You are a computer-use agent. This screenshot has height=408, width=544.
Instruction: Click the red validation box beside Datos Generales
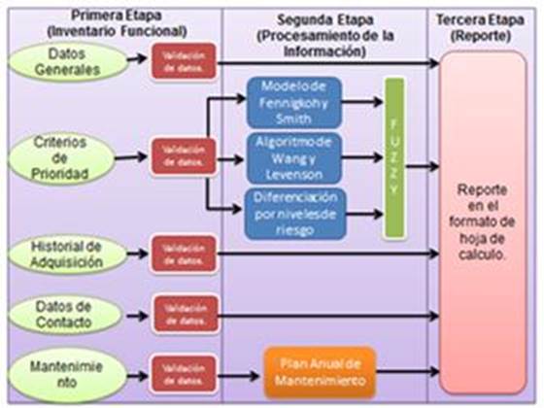pyautogui.click(x=183, y=63)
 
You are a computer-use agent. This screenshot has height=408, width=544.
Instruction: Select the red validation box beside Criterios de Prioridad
pyautogui.click(x=183, y=155)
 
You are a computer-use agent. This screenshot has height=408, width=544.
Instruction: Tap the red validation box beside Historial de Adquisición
pyautogui.click(x=183, y=254)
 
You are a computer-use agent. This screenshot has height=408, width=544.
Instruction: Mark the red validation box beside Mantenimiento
pyautogui.click(x=183, y=373)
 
